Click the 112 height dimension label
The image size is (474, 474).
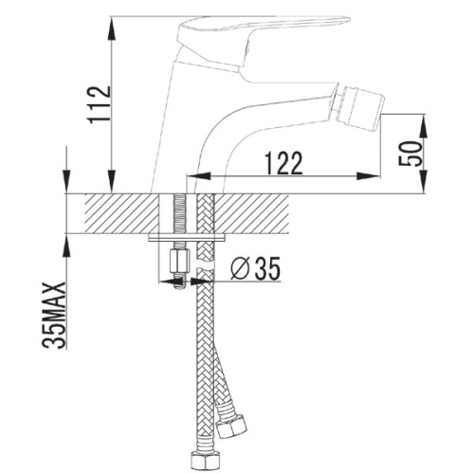100,104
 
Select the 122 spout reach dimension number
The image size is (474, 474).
283,163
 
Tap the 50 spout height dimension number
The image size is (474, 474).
410,154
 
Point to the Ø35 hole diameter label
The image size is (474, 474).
255,267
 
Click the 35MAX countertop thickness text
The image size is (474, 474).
54,315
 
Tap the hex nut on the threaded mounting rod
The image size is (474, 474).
180,261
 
